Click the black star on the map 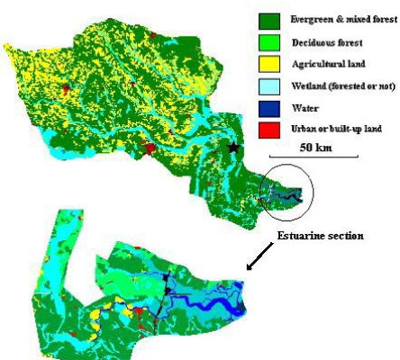point(234,147)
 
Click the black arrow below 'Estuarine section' point(255,261)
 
